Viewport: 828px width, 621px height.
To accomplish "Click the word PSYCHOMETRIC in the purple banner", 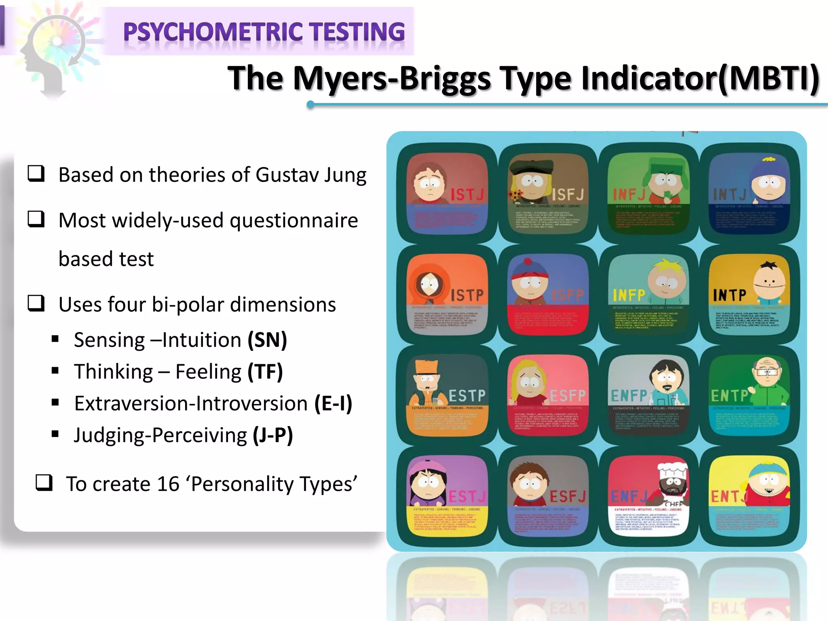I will pyautogui.click(x=213, y=32).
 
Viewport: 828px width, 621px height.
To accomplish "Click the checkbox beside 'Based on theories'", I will pyautogui.click(x=36, y=173).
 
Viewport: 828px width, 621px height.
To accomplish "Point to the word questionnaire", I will pyautogui.click(x=294, y=221).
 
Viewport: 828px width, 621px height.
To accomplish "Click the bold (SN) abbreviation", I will pyautogui.click(x=267, y=340).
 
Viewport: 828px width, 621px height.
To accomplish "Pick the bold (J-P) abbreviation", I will pyautogui.click(x=273, y=435).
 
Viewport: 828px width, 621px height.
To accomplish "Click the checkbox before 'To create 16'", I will pyautogui.click(x=44, y=482).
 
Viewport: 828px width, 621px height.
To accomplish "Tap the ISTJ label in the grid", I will pyautogui.click(x=467, y=195).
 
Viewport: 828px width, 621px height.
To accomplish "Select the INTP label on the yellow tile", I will pyautogui.click(x=730, y=295).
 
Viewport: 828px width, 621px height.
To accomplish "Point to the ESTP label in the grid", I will pyautogui.click(x=467, y=395).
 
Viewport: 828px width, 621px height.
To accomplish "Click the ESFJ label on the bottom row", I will pyautogui.click(x=568, y=496).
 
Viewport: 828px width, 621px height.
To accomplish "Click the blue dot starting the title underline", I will pyautogui.click(x=310, y=105).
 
